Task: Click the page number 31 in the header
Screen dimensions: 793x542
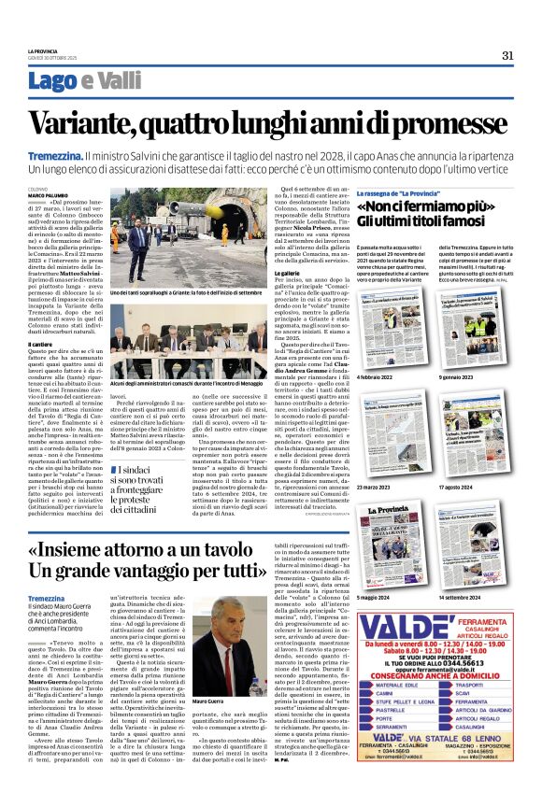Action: (507, 54)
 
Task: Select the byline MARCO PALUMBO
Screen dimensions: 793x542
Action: (47, 194)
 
